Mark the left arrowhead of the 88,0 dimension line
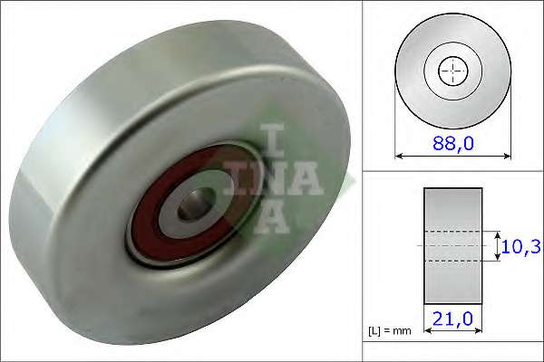pos(400,157)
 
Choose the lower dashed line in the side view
pos(452,261)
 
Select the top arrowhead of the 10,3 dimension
pos(498,233)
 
